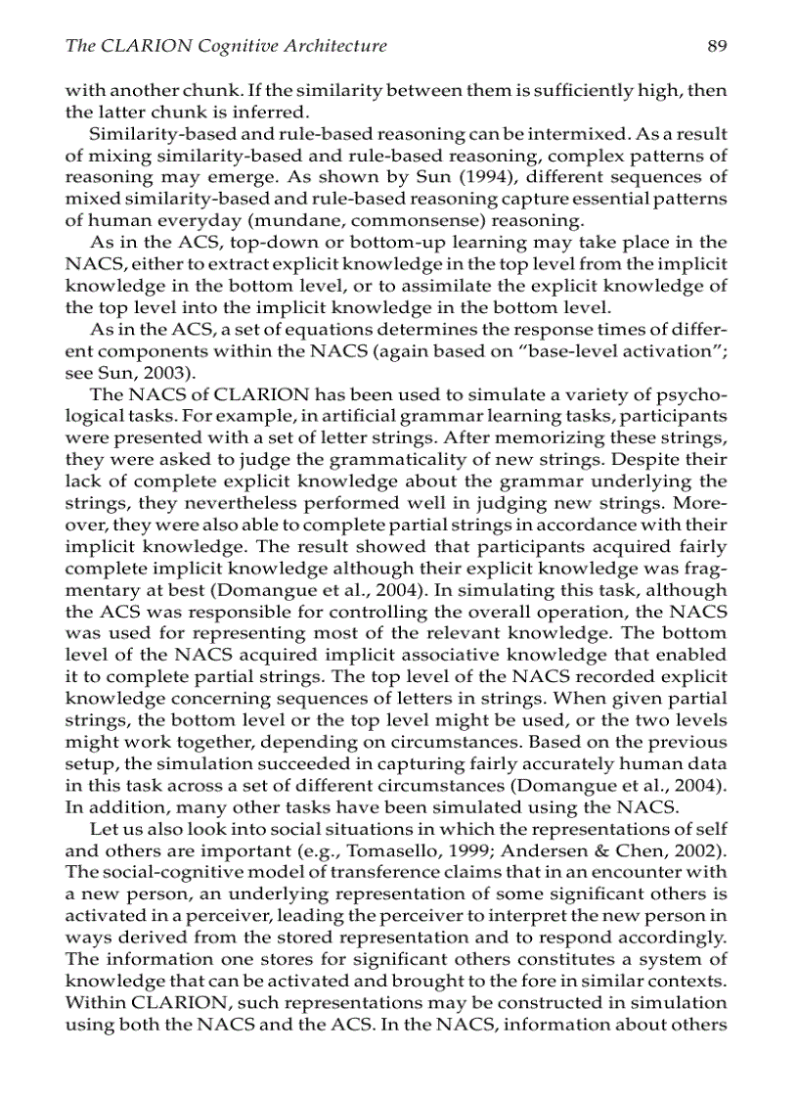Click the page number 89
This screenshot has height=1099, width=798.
tap(717, 46)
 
